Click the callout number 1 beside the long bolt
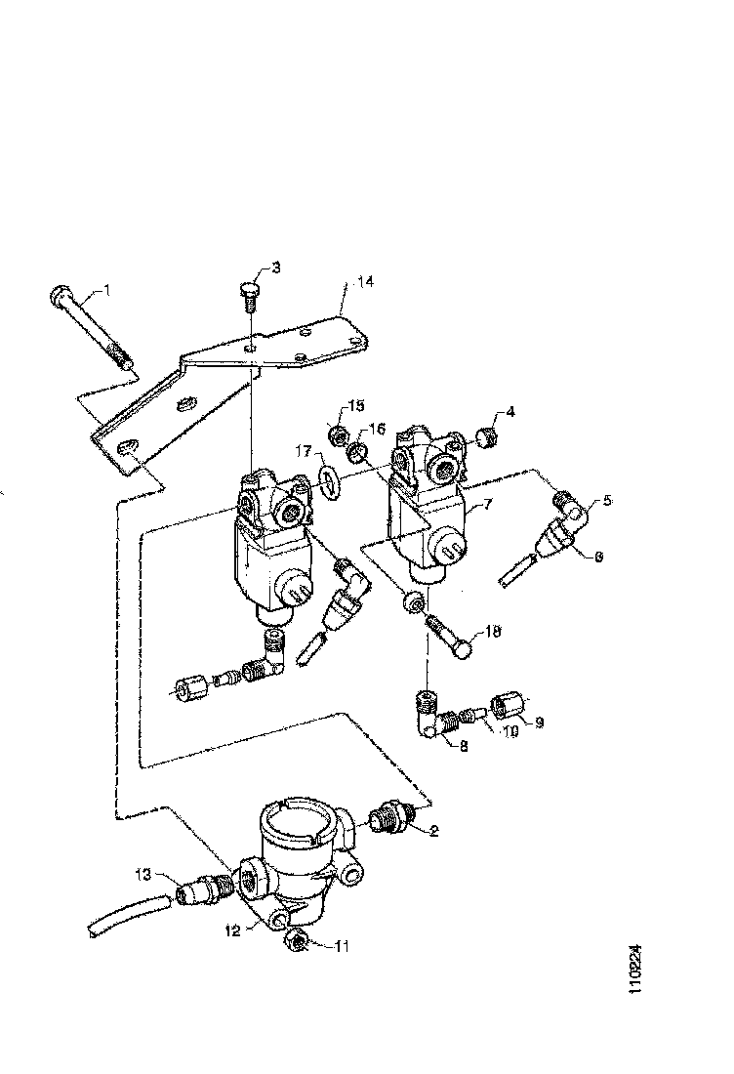pyautogui.click(x=107, y=289)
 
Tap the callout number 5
pyautogui.click(x=607, y=502)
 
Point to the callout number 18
pyautogui.click(x=493, y=633)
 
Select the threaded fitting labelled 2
pyautogui.click(x=394, y=820)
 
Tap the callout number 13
pyautogui.click(x=143, y=873)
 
